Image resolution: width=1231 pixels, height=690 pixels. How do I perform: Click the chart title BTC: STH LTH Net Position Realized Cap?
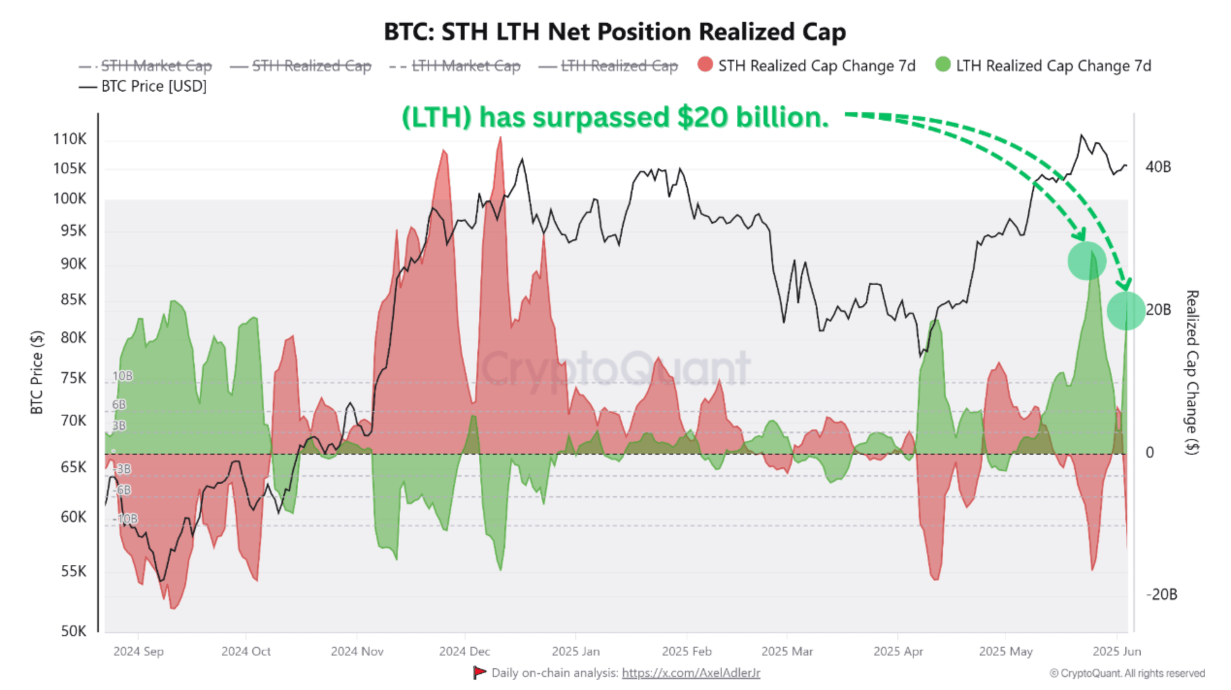pos(615,32)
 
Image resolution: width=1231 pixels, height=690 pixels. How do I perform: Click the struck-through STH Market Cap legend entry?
pos(156,66)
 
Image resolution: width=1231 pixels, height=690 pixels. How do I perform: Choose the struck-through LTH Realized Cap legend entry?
pos(619,66)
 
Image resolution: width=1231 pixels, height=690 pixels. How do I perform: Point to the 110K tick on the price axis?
pos(69,139)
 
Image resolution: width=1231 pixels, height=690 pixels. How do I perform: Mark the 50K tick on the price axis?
pos(73,631)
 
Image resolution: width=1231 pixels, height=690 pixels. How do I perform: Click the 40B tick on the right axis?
pos(1158,167)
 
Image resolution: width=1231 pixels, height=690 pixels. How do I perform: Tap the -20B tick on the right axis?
pos(1161,594)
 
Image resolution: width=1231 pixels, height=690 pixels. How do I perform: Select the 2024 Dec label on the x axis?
pos(464,651)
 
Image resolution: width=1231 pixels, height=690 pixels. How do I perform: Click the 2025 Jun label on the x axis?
pos(1117,651)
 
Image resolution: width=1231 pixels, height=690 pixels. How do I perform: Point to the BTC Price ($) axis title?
pos(37,372)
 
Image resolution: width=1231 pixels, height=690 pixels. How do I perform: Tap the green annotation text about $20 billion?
pos(615,117)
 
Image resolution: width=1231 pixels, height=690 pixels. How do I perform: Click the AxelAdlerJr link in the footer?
pos(691,673)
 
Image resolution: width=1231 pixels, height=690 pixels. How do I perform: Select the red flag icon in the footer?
pos(479,673)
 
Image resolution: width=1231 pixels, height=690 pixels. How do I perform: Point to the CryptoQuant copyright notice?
pos(1127,674)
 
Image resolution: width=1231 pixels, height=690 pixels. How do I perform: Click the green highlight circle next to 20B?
pos(1126,311)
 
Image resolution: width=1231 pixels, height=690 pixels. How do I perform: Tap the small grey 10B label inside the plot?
pos(122,376)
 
